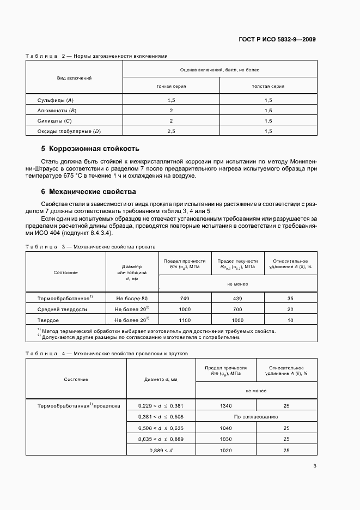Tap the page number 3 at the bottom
[315, 465]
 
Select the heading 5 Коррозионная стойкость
[90, 148]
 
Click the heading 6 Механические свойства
[89, 192]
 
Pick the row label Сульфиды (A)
[55, 100]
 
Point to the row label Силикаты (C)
[54, 120]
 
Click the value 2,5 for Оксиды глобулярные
[171, 131]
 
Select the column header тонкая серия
[171, 86]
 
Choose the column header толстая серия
[268, 86]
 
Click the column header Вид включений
[75, 78]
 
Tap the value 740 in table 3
[185, 299]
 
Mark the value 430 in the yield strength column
[237, 299]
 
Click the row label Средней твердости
[62, 309]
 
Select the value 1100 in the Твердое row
[185, 319]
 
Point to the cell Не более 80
[132, 299]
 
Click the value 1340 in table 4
[225, 406]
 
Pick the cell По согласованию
[256, 417]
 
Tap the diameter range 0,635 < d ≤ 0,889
[161, 439]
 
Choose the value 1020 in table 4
[225, 450]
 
